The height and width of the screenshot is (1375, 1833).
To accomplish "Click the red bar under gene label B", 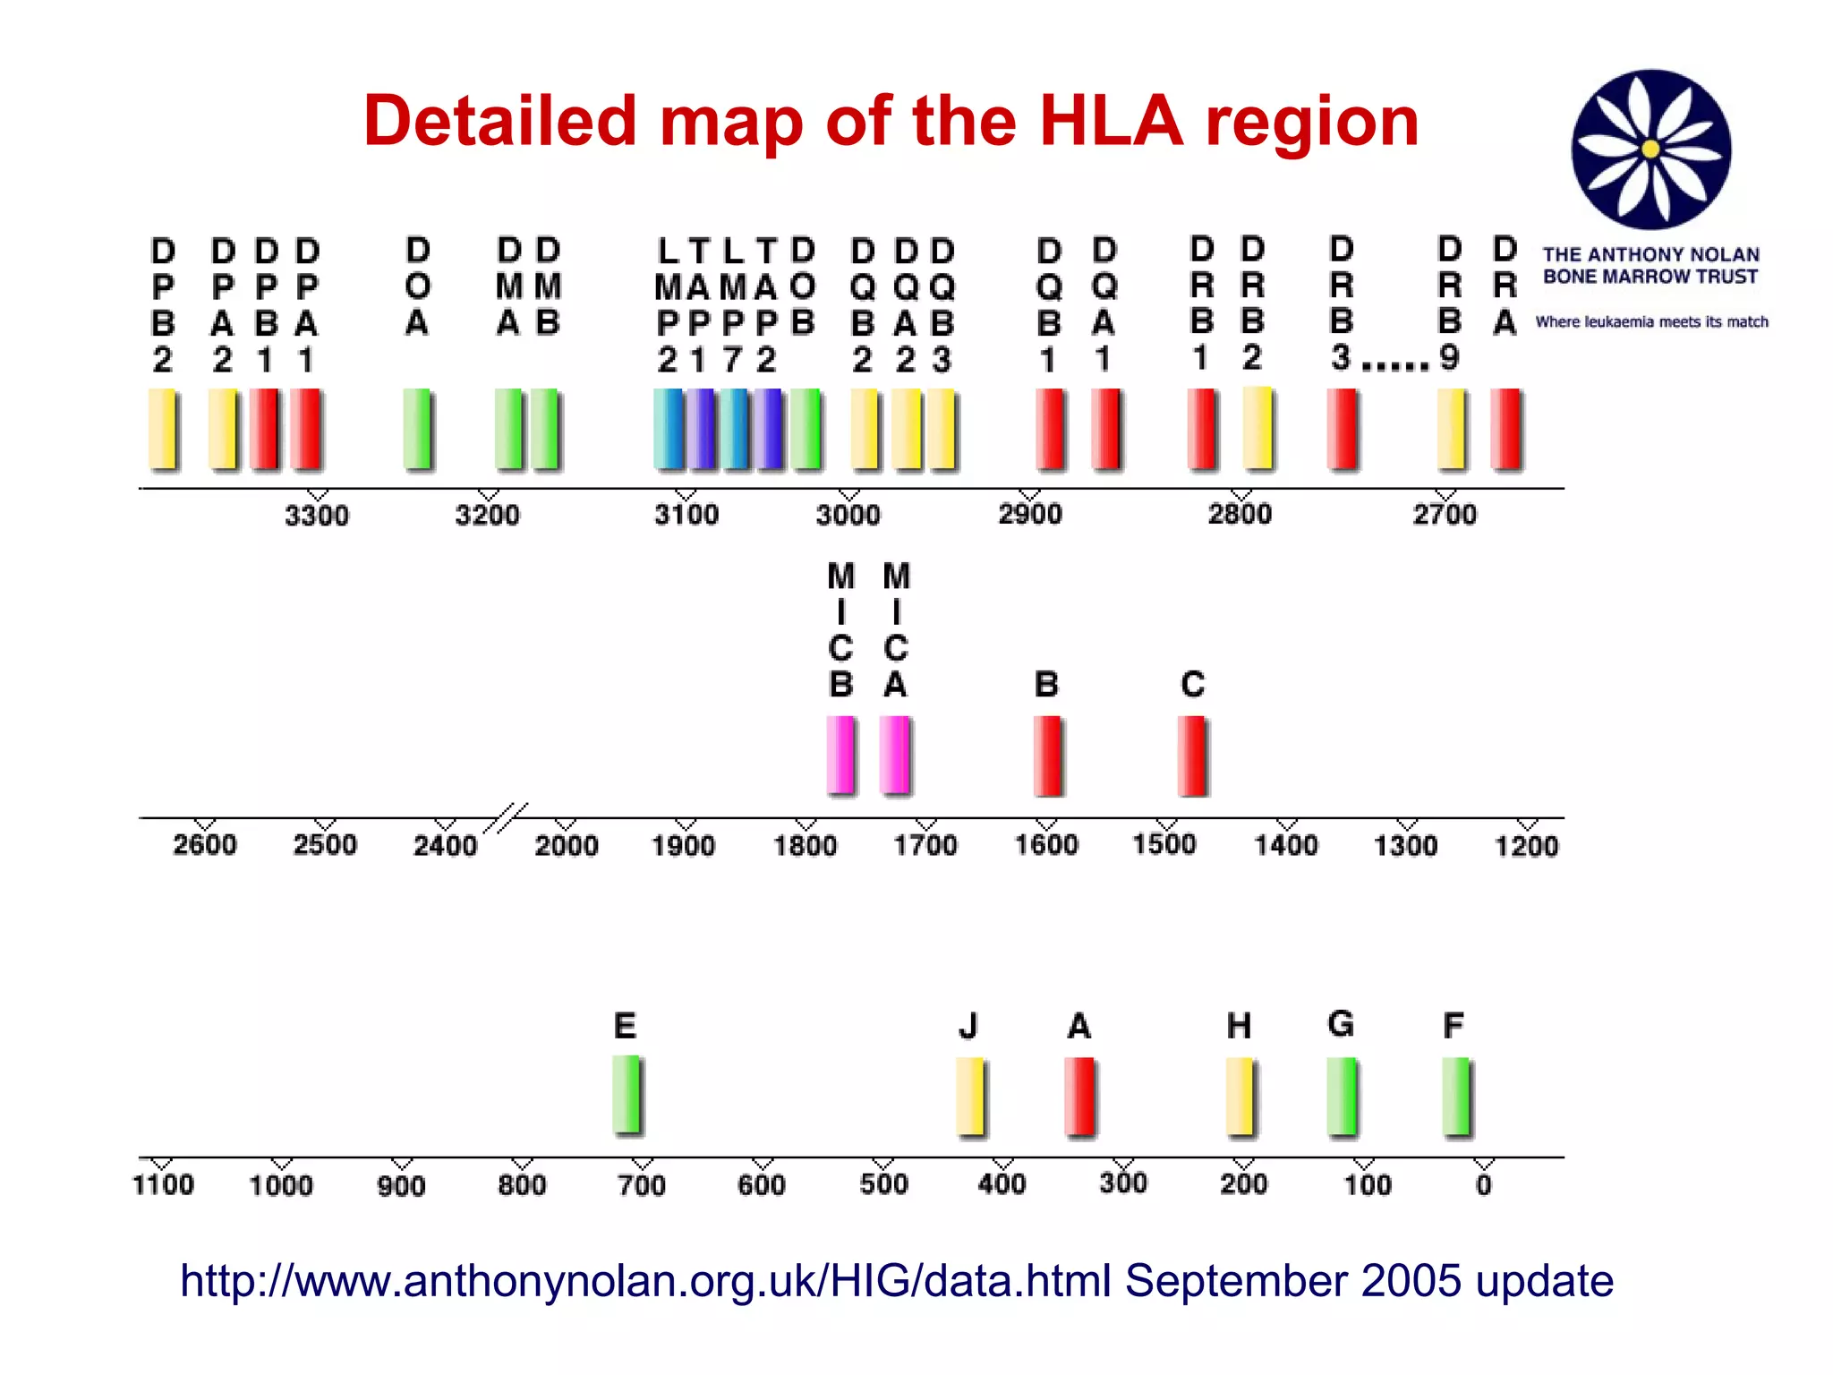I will click(1048, 756).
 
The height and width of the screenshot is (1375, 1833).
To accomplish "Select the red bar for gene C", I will click(1192, 756).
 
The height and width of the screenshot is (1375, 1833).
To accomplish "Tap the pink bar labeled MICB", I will click(841, 756).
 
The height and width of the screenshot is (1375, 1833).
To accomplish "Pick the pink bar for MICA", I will click(895, 756).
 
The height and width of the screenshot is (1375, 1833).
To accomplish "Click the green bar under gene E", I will click(627, 1094).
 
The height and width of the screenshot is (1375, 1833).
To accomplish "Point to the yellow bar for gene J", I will click(970, 1096).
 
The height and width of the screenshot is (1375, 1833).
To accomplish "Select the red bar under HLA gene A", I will click(1079, 1096).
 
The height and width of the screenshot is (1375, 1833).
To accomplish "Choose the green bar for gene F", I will click(1456, 1096).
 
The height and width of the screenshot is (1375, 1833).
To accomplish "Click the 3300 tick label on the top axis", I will click(317, 516).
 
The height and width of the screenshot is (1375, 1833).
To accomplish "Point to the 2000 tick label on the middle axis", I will click(566, 845).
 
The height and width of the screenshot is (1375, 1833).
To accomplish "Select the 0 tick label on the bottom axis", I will click(1484, 1185).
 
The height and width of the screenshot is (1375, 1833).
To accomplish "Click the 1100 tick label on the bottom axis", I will click(163, 1185).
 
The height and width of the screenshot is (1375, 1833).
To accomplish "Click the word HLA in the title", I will click(1111, 122).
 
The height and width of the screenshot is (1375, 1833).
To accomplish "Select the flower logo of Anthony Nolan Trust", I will click(1650, 149).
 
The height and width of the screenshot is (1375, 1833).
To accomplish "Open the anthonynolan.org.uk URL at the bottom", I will click(644, 1280).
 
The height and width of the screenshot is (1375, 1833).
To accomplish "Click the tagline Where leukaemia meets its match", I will click(1651, 321).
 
